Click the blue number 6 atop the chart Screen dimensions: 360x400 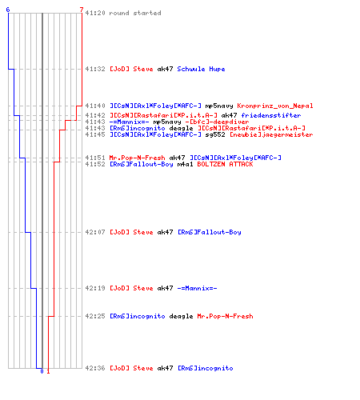point(8,10)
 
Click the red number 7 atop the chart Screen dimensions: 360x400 point(82,10)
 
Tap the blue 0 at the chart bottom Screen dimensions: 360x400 point(42,371)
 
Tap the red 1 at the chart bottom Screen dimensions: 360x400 point(48,371)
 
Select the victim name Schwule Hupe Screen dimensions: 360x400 point(201,69)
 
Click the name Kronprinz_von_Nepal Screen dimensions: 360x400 point(275,106)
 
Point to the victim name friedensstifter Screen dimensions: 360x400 point(271,115)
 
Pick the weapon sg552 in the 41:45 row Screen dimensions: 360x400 point(215,134)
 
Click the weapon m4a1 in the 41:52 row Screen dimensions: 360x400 point(185,164)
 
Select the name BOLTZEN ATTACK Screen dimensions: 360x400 point(225,164)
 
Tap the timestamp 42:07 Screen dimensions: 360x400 point(95,232)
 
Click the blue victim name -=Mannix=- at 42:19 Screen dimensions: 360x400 point(197,288)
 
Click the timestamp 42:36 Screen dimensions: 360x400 point(95,368)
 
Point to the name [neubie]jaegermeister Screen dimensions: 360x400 point(271,134)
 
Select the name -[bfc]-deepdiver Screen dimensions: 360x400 point(217,122)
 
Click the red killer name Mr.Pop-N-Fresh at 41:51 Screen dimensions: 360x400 point(137,158)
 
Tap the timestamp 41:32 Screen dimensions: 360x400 point(95,69)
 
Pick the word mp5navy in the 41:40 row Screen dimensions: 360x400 point(219,106)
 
